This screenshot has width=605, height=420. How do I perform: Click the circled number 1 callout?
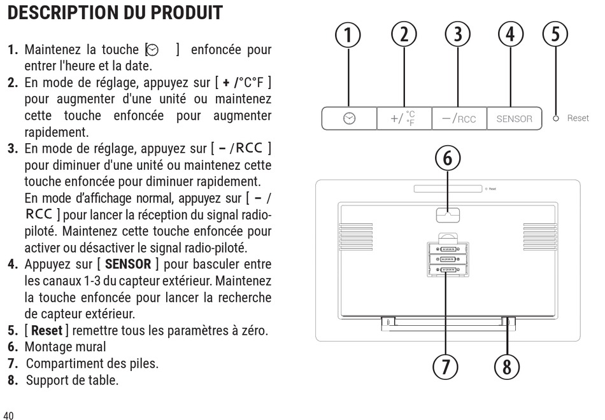click(x=348, y=35)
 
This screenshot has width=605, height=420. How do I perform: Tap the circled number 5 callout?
click(x=555, y=34)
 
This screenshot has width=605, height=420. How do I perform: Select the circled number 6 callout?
click(x=448, y=158)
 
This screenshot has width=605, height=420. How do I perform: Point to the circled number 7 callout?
click(x=445, y=367)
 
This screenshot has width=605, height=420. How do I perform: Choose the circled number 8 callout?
click(x=507, y=367)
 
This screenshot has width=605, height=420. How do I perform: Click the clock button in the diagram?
click(x=349, y=118)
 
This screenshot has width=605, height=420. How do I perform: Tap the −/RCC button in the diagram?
click(x=459, y=118)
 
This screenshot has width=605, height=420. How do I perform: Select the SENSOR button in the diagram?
click(x=515, y=118)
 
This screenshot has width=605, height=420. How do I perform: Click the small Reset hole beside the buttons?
click(x=555, y=118)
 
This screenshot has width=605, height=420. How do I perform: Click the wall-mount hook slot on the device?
click(x=448, y=215)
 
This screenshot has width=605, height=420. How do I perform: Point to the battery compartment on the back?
click(x=448, y=259)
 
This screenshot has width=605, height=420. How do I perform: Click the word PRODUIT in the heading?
click(x=187, y=13)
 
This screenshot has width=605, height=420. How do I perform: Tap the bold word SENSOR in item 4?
click(x=128, y=264)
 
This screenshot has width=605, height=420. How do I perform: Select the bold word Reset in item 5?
click(x=46, y=330)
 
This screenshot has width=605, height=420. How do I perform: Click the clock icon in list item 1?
click(x=153, y=50)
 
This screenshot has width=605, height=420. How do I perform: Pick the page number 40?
click(x=8, y=416)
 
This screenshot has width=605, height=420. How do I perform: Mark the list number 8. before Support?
click(x=13, y=381)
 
